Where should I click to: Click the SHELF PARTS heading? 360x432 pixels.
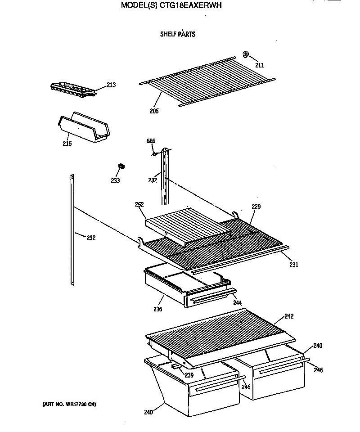[178, 34]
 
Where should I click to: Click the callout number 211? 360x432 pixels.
[260, 65]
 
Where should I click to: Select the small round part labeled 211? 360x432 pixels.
[246, 54]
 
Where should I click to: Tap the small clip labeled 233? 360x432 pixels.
[121, 166]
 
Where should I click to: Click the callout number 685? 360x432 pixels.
[151, 141]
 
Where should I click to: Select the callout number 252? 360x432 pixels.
[139, 204]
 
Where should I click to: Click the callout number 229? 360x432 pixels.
[256, 207]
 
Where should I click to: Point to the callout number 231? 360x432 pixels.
[293, 265]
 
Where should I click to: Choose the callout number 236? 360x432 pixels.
[157, 309]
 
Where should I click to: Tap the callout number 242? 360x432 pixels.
[289, 316]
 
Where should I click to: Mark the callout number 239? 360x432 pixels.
[189, 374]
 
